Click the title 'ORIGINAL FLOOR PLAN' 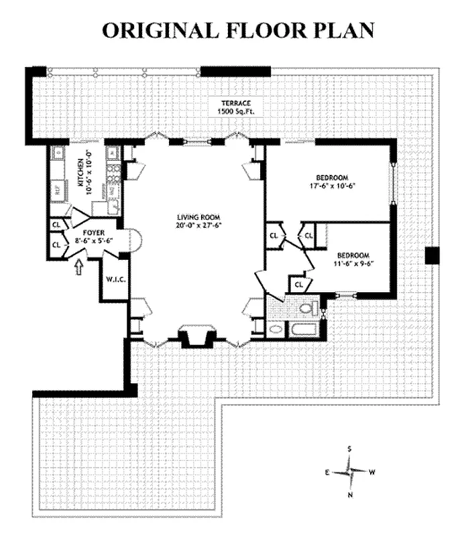pos(237,31)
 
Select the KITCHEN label pos(80,173)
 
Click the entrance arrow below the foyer pos(79,267)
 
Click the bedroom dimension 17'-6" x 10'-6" pos(331,187)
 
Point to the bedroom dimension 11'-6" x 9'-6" pos(353,263)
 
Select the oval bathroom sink pos(275,330)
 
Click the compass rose pos(349,471)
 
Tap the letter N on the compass pos(349,494)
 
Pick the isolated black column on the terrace pos(431,255)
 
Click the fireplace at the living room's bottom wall pos(196,336)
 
